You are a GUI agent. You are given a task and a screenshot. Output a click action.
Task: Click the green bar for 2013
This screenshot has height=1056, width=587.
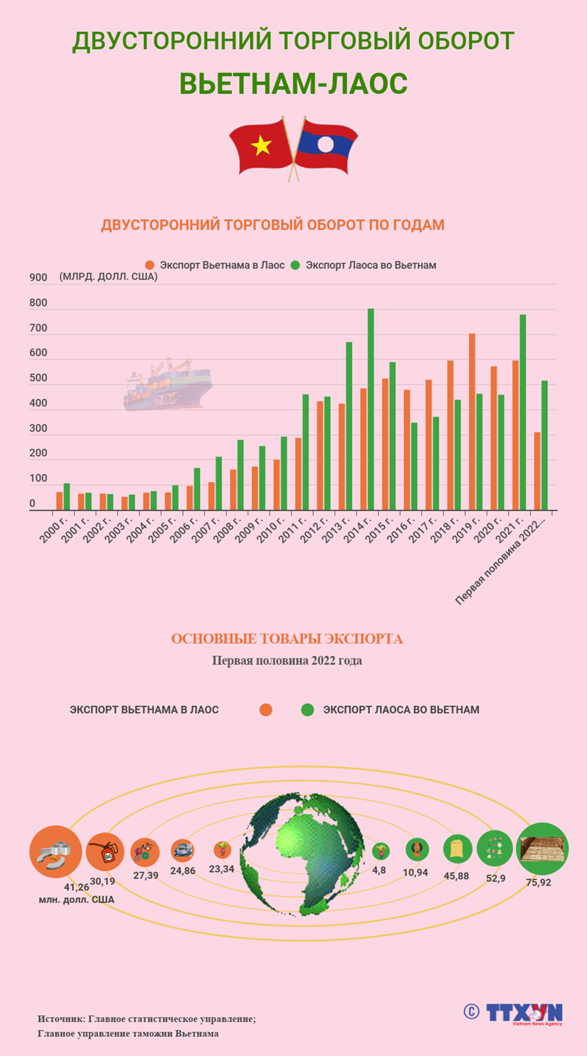pyautogui.click(x=349, y=426)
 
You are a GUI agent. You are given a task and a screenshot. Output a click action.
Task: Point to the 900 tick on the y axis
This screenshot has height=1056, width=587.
pyautogui.click(x=38, y=277)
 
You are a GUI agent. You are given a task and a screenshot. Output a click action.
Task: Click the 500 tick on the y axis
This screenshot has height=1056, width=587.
pyautogui.click(x=38, y=378)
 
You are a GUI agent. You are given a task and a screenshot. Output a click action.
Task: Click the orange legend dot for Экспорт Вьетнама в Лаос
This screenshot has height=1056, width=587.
pyautogui.click(x=149, y=265)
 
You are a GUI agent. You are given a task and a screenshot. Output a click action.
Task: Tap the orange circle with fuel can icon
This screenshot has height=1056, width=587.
pyautogui.click(x=105, y=851)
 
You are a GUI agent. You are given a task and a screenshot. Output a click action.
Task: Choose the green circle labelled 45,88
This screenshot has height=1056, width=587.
pyautogui.click(x=457, y=849)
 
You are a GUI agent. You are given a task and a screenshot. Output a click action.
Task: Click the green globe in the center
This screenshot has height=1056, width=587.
pyautogui.click(x=302, y=853)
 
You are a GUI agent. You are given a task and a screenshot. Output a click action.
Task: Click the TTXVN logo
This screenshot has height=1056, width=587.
pyautogui.click(x=524, y=1013)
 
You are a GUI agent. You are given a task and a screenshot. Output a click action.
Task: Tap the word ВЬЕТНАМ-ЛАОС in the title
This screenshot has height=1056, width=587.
pyautogui.click(x=293, y=83)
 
